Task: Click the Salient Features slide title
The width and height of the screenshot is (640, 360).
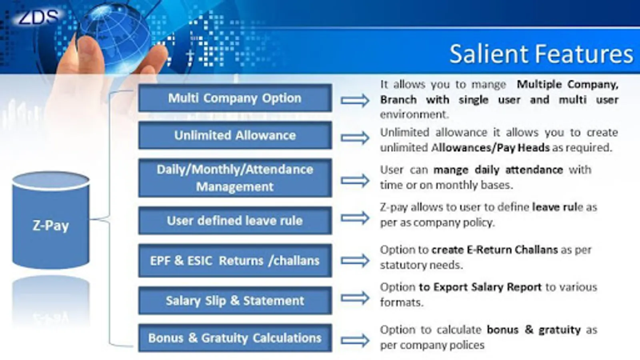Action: tap(541, 54)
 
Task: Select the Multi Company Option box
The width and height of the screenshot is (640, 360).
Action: tap(235, 98)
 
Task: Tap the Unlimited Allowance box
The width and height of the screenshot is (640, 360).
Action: tap(235, 136)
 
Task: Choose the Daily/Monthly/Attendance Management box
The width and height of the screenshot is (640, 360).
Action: tap(235, 178)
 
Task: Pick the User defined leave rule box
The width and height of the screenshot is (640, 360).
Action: tap(235, 221)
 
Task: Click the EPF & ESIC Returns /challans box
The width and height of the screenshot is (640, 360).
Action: tap(235, 260)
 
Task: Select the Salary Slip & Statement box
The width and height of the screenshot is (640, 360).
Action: tap(235, 301)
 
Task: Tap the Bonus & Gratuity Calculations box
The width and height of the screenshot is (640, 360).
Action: tap(235, 338)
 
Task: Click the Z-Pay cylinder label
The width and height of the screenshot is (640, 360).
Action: tap(51, 226)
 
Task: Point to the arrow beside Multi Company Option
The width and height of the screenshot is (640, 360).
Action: tap(355, 100)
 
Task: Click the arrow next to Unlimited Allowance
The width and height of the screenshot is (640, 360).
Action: tap(355, 138)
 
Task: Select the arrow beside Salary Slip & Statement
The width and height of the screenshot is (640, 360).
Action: tap(355, 298)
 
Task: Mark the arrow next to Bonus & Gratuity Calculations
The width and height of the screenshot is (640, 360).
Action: tap(355, 340)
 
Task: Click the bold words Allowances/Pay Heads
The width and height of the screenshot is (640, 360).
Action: tap(490, 148)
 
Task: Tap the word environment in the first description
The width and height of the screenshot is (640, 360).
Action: tap(412, 114)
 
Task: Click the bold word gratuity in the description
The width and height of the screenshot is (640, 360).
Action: tap(560, 330)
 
